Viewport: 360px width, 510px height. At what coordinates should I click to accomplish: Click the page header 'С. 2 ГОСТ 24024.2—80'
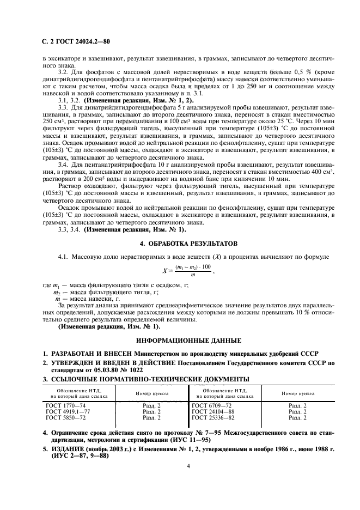point(77,41)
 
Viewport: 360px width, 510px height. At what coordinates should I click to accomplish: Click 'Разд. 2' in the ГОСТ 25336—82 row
point(297,417)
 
